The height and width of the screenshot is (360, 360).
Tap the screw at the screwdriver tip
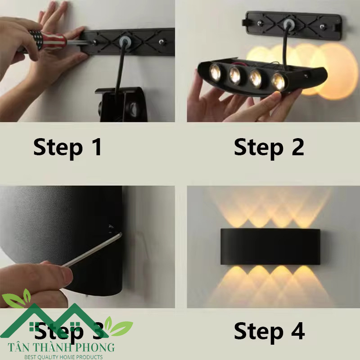(94, 42)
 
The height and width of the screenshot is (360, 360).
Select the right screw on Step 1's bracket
(162, 42)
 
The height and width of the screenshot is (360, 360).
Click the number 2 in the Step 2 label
(298, 147)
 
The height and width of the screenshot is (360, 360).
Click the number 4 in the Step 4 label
(298, 331)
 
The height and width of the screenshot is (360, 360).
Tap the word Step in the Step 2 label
(258, 148)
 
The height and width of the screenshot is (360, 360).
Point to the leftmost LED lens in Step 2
(215, 72)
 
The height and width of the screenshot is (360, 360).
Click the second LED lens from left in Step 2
(234, 75)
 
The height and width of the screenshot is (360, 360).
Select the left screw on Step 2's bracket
(260, 23)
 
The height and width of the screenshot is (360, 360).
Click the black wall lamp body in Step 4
(270, 246)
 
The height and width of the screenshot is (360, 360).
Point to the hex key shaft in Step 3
(92, 250)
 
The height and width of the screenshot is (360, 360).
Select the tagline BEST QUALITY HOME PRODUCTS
(63, 357)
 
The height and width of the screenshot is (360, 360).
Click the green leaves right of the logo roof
(118, 326)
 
